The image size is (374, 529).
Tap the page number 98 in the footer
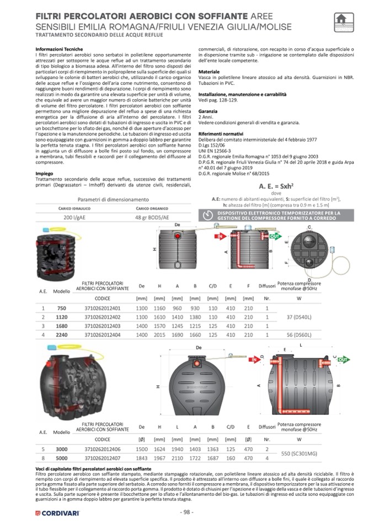[x=186, y=512]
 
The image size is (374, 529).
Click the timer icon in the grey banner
[x=207, y=215]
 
